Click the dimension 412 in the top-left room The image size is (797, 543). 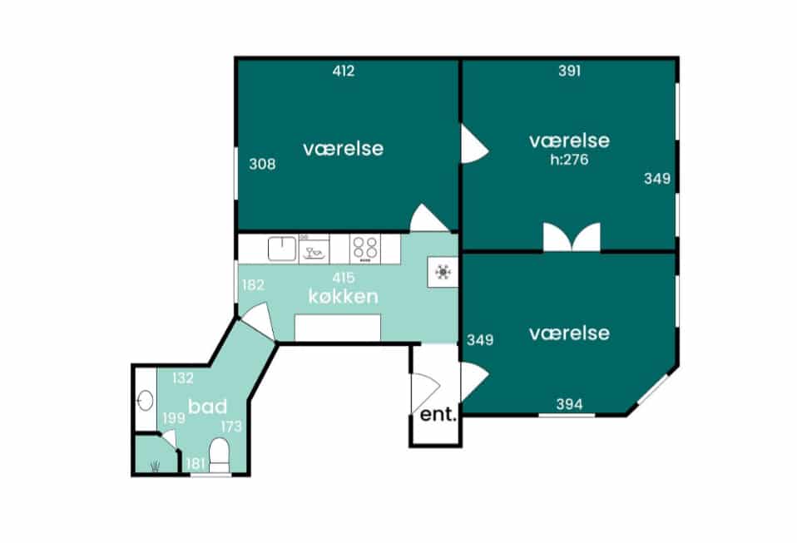(x=344, y=71)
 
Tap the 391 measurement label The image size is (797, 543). (x=569, y=71)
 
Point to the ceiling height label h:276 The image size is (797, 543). (x=569, y=160)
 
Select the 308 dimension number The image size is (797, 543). (x=262, y=164)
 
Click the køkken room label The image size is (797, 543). (x=343, y=297)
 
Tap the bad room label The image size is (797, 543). (x=207, y=407)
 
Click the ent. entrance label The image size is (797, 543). (x=438, y=414)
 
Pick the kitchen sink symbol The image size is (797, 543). (x=282, y=249)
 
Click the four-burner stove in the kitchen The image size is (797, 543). (x=365, y=249)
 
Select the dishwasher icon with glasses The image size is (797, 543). (x=314, y=249)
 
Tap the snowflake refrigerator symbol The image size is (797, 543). (x=443, y=272)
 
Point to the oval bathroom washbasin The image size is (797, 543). (x=146, y=400)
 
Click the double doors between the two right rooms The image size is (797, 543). (x=572, y=237)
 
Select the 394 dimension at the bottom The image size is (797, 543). (x=569, y=404)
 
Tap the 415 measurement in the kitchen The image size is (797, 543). (x=344, y=278)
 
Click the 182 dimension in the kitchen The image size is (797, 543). (x=253, y=285)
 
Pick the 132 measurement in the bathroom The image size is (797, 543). (x=183, y=378)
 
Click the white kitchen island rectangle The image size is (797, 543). (x=338, y=328)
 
